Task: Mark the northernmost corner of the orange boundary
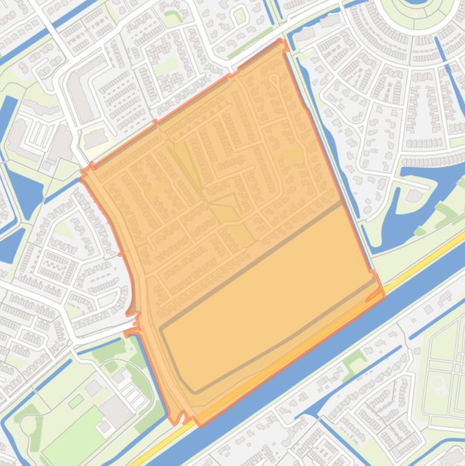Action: pos(281,41)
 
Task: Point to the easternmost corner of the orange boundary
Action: pos(383,295)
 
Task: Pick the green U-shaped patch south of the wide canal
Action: pos(353,363)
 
